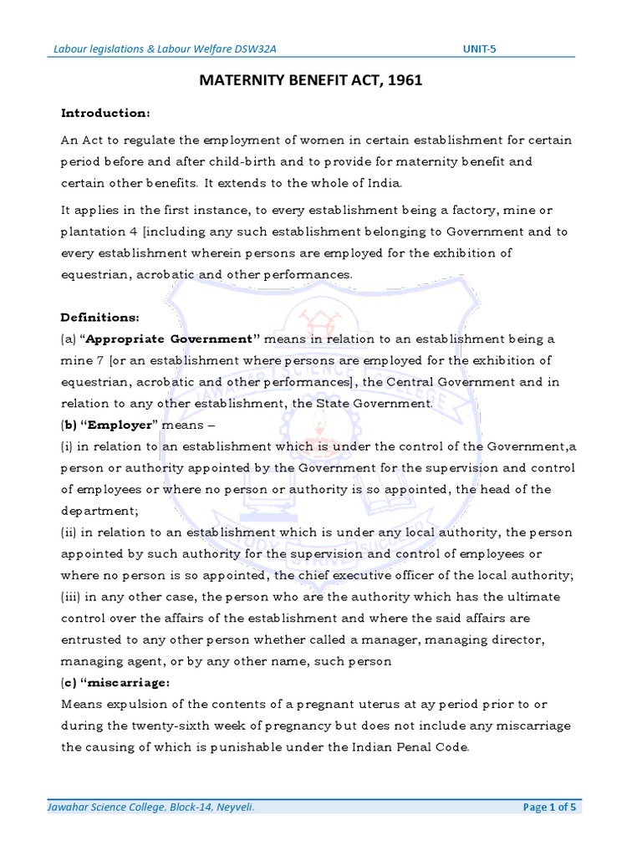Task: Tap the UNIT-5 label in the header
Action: (x=479, y=49)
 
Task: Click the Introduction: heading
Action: (x=105, y=113)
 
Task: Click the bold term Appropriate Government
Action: (x=173, y=339)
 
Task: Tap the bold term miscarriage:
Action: (x=130, y=682)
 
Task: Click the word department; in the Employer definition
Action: (x=96, y=511)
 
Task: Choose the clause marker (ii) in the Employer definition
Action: (x=69, y=532)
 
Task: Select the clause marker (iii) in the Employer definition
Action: (x=71, y=597)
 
